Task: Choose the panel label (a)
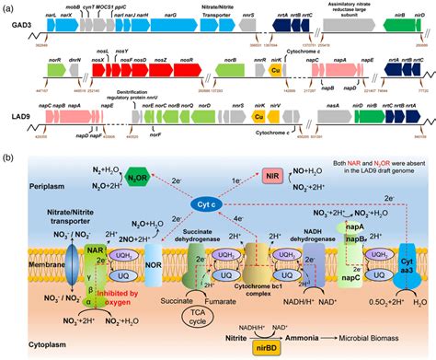9,7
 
